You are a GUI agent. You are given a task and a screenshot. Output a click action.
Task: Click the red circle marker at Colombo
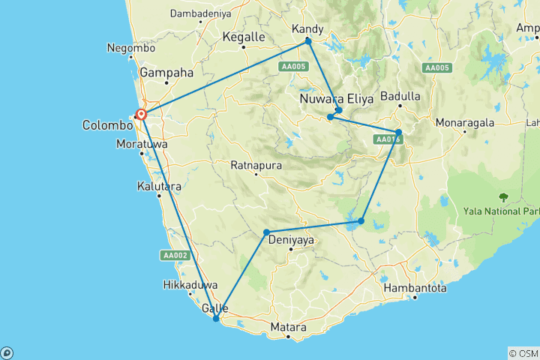pos(141,115)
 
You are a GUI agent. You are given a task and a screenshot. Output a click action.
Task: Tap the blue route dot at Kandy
pos(308,41)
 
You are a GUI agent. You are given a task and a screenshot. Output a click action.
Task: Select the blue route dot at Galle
pos(216,319)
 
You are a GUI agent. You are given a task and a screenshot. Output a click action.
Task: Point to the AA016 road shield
pos(388,139)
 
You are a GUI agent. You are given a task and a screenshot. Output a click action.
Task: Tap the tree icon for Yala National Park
pos(503,197)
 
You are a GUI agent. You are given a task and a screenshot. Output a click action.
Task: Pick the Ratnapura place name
pos(256,165)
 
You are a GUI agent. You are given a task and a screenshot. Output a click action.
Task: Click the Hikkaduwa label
pos(191,285)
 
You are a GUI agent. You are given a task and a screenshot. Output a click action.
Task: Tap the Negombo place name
pos(131,47)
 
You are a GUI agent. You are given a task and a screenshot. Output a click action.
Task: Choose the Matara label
pos(288,328)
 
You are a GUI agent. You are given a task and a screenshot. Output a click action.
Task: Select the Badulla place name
pos(400,97)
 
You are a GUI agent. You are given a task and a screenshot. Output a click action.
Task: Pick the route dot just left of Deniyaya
pos(266,232)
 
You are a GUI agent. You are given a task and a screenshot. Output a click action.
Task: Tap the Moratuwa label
pos(142,143)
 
